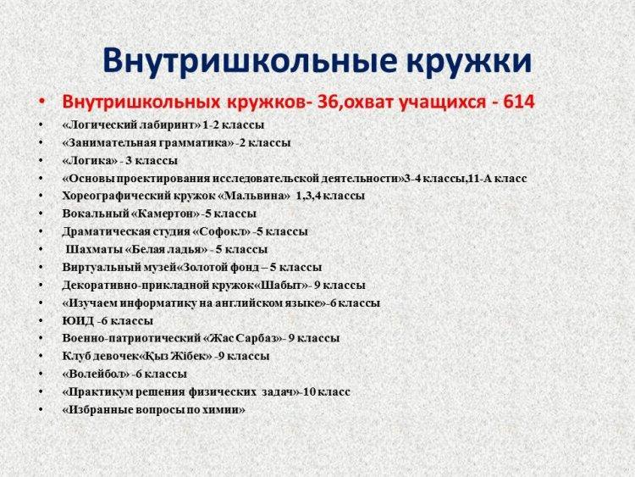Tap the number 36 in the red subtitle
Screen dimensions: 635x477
(325, 103)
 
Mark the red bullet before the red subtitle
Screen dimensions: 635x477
(41, 103)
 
